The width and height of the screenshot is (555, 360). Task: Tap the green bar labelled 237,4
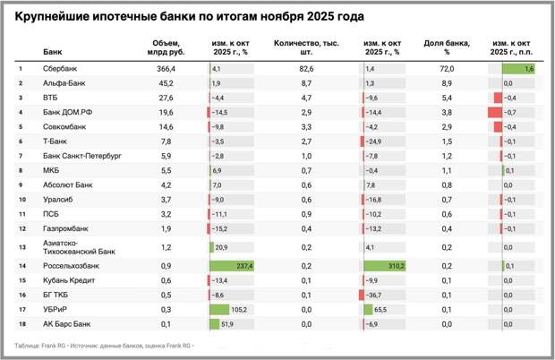[x=232, y=266]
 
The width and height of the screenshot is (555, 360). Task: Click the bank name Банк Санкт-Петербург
[x=81, y=155]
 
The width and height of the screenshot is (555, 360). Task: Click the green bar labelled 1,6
[x=519, y=68]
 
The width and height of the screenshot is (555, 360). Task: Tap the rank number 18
[x=21, y=323]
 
